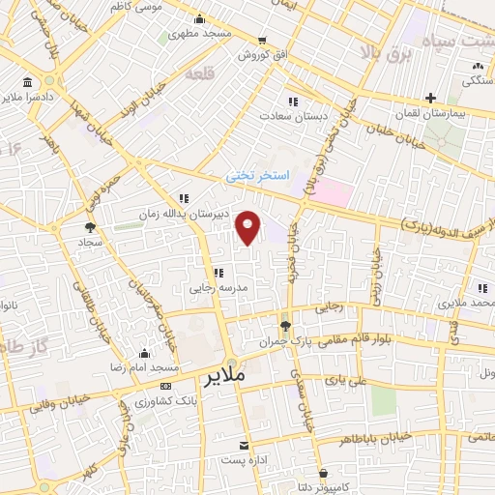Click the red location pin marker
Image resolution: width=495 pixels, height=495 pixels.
point(249,228)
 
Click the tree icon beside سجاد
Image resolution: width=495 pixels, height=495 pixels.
point(90,225)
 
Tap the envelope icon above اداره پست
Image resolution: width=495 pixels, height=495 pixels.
point(245,443)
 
